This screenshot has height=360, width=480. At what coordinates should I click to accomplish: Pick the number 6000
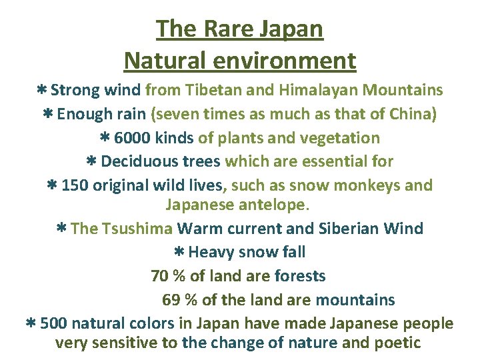[132, 138]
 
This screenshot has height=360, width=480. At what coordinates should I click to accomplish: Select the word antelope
[285, 205]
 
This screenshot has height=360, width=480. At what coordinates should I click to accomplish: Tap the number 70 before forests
[160, 276]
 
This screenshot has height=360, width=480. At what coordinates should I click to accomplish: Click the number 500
[54, 324]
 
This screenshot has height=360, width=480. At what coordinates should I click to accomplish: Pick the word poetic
[397, 343]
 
